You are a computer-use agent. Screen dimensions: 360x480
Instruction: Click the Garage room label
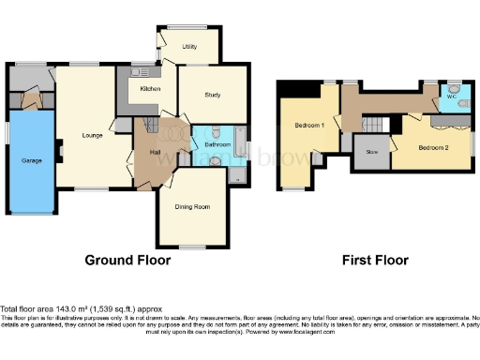point(32,160)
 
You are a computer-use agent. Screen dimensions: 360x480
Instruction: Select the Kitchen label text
point(151,88)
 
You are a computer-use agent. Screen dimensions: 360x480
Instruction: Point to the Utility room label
point(188,45)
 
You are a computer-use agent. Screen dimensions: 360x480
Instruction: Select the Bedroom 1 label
point(310,125)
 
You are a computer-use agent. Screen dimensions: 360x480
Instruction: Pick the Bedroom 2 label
point(433,147)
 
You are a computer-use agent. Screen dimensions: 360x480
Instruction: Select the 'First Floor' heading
point(379,259)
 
